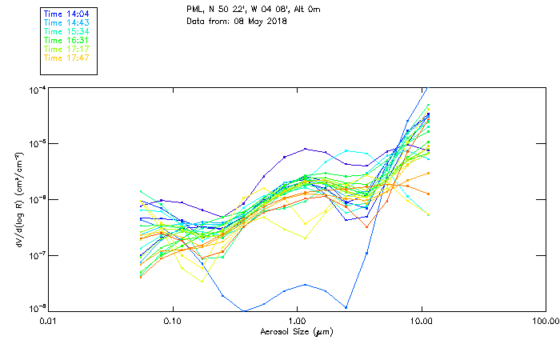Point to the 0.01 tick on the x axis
48,320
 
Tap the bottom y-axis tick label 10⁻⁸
38,308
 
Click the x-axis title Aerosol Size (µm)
296,330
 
